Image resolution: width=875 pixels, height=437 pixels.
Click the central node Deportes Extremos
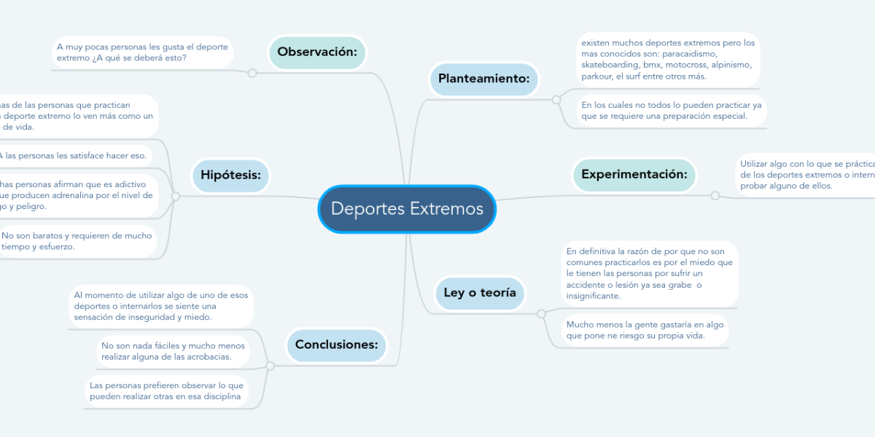tap(407, 209)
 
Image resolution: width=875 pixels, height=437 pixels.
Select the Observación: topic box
tap(316, 52)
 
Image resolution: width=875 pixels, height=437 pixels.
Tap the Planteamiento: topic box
tap(483, 79)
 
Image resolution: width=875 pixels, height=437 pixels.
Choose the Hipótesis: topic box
tap(230, 175)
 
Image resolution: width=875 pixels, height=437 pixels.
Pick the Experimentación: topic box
tap(634, 175)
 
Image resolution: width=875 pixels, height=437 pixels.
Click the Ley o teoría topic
tap(480, 293)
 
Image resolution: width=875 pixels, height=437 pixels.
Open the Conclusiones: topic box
tap(336, 345)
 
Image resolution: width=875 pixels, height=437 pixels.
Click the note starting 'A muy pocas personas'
tap(141, 52)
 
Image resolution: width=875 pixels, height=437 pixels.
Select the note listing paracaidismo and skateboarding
tap(667, 60)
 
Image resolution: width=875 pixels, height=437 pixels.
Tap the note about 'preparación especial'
tap(671, 110)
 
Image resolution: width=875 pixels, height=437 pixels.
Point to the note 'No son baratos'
tap(77, 241)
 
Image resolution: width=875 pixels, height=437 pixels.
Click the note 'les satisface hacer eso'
tap(73, 155)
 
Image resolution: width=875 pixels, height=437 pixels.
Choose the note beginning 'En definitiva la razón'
tap(650, 274)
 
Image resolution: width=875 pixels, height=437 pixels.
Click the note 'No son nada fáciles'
tap(173, 351)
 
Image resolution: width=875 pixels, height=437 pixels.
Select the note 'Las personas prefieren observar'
tap(166, 390)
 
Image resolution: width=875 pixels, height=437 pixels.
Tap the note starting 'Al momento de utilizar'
tap(160, 306)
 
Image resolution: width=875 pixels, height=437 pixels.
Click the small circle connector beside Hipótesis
tap(175, 196)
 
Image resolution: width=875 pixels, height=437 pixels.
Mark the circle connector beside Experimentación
tap(715, 195)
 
